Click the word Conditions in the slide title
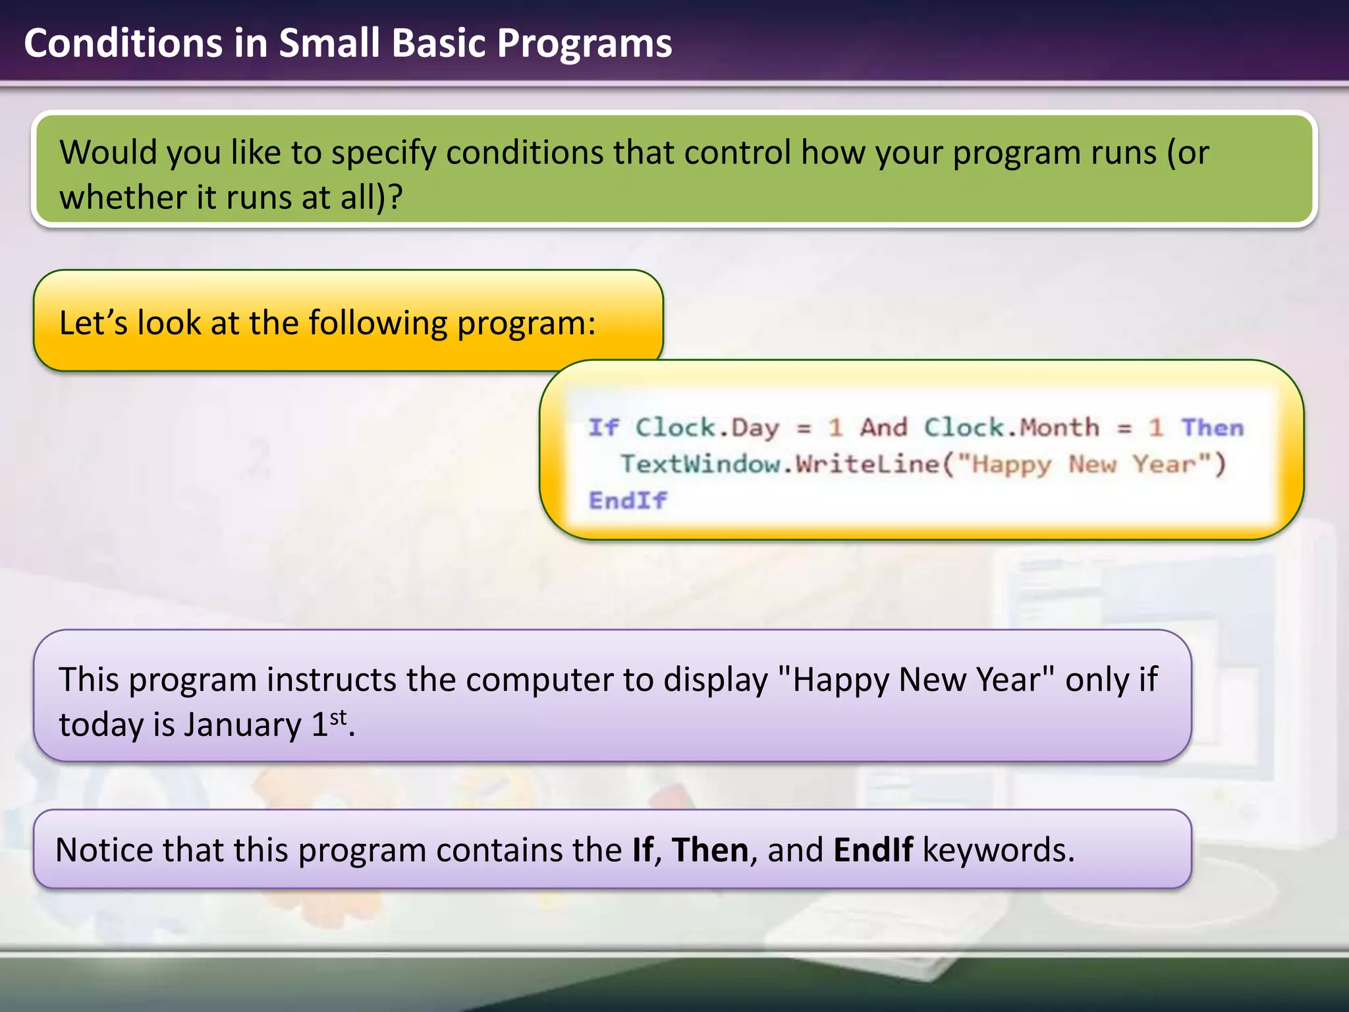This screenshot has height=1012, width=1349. (123, 43)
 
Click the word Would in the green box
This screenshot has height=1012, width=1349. (106, 152)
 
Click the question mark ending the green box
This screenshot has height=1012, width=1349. (395, 197)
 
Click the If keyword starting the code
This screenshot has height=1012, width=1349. (603, 428)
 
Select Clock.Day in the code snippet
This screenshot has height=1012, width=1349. (706, 428)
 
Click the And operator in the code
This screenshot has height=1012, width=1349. (884, 428)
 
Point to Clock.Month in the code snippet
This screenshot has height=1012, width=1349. (1011, 428)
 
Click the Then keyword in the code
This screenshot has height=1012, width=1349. (1212, 428)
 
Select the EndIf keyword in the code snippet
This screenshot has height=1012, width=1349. (627, 501)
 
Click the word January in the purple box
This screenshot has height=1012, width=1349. (242, 725)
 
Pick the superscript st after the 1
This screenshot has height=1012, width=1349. (338, 716)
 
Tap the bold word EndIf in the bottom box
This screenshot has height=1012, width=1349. (873, 850)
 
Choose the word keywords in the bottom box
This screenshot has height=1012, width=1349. (998, 850)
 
